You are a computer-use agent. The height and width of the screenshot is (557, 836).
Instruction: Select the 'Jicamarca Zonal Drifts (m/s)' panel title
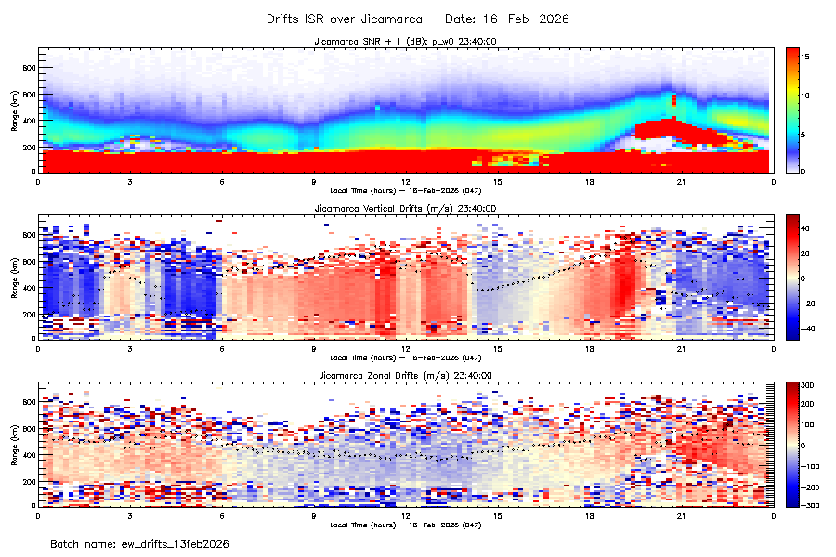pos(404,376)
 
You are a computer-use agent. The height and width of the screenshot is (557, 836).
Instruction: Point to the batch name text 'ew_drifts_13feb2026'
pos(171,543)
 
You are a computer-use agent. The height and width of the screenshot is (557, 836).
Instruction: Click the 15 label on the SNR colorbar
pos(807,58)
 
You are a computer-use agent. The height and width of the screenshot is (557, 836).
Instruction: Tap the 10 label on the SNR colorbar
pos(807,96)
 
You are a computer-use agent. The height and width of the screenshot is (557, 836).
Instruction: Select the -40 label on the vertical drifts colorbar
pos(809,329)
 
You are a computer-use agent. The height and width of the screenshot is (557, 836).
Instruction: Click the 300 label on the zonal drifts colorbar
pos(809,384)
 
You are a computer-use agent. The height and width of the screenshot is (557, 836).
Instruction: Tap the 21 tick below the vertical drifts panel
pos(682,349)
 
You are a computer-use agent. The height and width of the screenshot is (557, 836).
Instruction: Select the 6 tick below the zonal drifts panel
pos(222,516)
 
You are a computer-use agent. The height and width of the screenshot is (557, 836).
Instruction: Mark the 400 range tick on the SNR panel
pos(28,121)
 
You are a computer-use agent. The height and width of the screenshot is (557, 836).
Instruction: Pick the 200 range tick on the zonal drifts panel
pos(28,481)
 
